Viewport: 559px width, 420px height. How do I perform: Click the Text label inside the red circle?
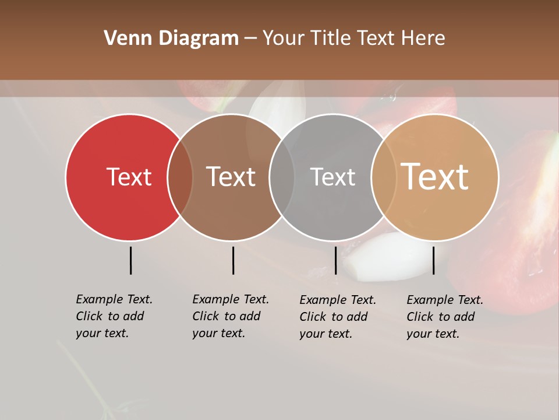pyautogui.click(x=129, y=177)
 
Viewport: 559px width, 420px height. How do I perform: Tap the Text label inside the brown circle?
pyautogui.click(x=231, y=177)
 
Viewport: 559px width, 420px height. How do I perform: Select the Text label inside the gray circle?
pyautogui.click(x=332, y=177)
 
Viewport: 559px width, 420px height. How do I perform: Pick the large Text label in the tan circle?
pyautogui.click(x=434, y=176)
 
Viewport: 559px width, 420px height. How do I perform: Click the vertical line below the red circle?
pyautogui.click(x=130, y=260)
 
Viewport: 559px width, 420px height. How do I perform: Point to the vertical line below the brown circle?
pyautogui.click(x=233, y=260)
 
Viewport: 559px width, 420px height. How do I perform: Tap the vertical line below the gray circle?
pyautogui.click(x=335, y=260)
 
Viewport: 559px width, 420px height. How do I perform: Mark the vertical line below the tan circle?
pyautogui.click(x=433, y=260)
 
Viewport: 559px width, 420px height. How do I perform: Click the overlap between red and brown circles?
pyautogui.click(x=180, y=177)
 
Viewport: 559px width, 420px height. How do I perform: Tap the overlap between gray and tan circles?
pyautogui.click(x=383, y=177)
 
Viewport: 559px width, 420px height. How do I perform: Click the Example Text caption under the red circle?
pyautogui.click(x=114, y=316)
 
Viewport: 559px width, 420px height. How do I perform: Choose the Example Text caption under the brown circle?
pyautogui.click(x=231, y=316)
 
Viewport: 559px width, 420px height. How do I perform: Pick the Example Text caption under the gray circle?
pyautogui.click(x=338, y=317)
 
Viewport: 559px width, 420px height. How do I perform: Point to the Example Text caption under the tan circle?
pyautogui.click(x=445, y=317)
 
